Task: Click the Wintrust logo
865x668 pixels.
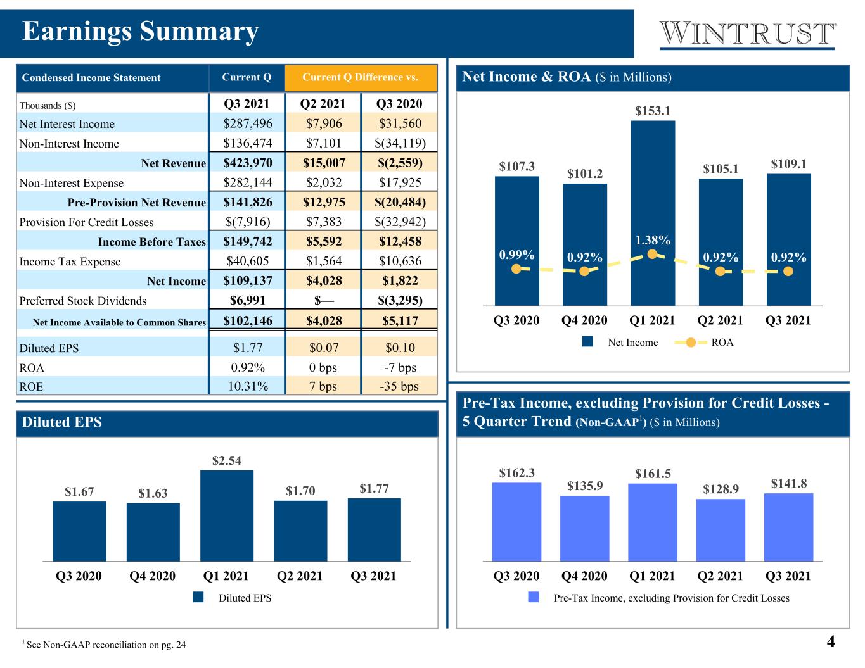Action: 746,35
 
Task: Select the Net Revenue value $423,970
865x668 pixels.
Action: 248,163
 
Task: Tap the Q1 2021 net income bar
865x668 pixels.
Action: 653,213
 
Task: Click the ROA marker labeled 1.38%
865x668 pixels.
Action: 652,254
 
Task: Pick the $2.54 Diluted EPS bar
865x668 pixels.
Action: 226,515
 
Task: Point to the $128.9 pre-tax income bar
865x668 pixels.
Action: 720,530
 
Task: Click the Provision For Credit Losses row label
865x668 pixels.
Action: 86,222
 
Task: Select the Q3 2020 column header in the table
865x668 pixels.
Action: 399,104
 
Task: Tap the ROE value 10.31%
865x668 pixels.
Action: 248,386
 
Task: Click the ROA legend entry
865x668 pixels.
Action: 704,343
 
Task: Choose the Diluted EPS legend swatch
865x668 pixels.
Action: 198,597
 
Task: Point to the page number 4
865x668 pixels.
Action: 831,641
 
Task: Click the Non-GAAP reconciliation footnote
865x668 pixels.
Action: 105,644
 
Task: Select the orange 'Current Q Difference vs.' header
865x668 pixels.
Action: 361,77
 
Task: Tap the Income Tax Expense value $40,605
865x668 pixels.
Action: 248,261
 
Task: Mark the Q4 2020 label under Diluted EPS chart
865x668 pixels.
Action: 153,576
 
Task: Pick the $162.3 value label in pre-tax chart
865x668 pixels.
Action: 516,473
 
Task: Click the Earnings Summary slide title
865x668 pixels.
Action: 141,32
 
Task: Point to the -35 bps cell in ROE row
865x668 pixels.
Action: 399,386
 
